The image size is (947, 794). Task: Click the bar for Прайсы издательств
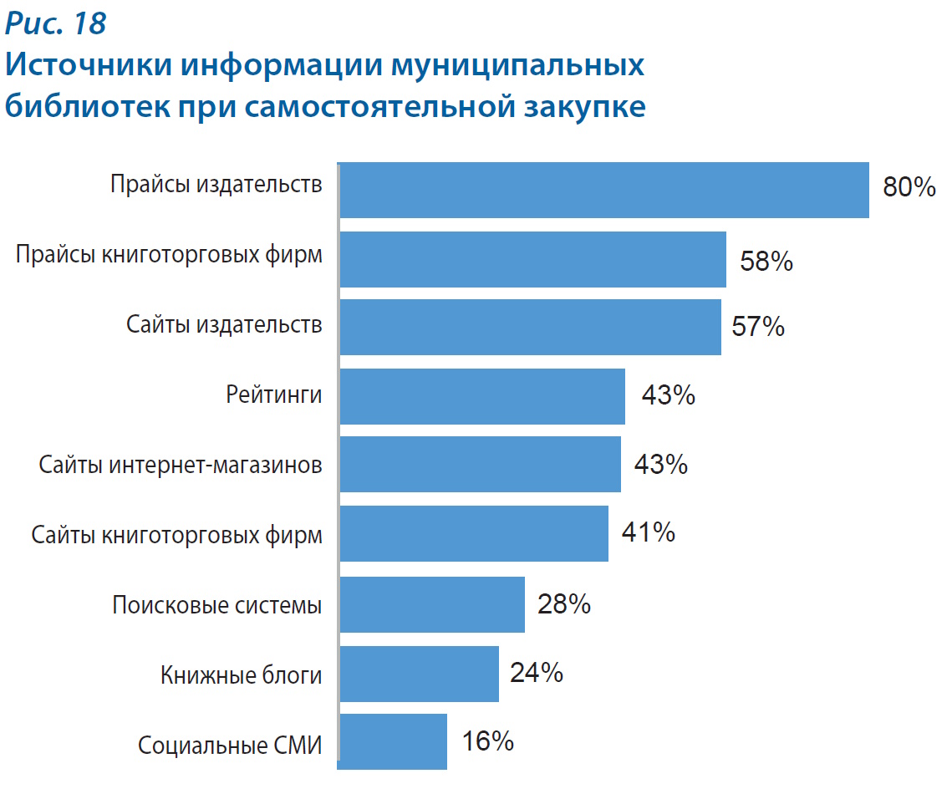click(x=603, y=190)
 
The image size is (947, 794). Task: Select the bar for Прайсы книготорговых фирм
click(x=532, y=259)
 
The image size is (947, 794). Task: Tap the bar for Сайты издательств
click(x=530, y=327)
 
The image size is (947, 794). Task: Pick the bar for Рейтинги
click(x=482, y=395)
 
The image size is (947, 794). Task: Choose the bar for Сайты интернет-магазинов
click(x=480, y=464)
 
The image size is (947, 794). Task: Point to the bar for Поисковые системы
click(x=432, y=603)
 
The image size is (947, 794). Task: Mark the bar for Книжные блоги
click(x=419, y=673)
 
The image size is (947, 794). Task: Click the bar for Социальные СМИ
click(x=393, y=741)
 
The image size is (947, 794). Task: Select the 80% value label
click(x=909, y=187)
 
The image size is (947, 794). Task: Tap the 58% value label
click(x=766, y=262)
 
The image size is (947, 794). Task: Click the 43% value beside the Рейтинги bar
click(x=668, y=395)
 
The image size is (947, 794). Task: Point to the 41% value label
click(x=648, y=532)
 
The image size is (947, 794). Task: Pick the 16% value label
click(x=487, y=741)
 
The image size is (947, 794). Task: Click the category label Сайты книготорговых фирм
click(x=176, y=535)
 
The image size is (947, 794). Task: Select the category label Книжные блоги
click(x=241, y=674)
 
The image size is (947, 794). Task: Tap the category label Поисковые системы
click(x=217, y=604)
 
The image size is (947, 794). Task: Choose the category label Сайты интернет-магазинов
click(x=181, y=465)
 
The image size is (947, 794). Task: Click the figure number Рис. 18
click(x=56, y=23)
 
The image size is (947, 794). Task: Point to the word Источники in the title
click(x=89, y=65)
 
